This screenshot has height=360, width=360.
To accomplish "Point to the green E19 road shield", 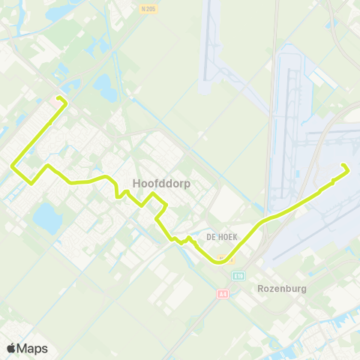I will [238, 276].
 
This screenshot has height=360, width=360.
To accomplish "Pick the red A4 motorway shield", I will [223, 294].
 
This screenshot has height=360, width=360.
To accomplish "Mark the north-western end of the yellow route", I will [59, 98].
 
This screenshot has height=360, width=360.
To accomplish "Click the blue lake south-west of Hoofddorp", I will [46, 217].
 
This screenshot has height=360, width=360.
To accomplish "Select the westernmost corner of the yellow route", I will [12, 166].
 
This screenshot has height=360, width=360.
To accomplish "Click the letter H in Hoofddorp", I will [136, 182].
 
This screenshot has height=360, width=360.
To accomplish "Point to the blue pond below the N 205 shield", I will [106, 87].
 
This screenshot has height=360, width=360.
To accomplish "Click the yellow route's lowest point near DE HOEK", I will [220, 262].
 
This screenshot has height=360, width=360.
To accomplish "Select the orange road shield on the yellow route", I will [232, 261].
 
